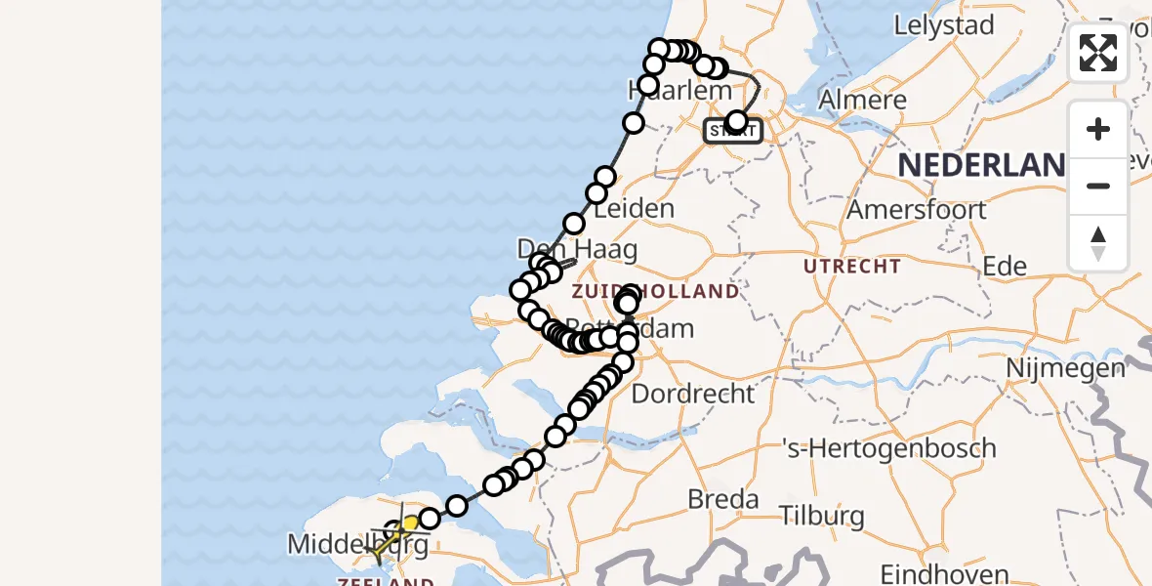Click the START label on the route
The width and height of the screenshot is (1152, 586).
click(x=733, y=131)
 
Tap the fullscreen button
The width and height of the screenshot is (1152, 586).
click(x=1098, y=53)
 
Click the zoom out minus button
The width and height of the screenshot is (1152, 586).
click(x=1098, y=187)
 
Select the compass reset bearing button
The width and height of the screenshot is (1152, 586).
click(x=1098, y=242)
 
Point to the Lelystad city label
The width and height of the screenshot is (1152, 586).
click(x=943, y=26)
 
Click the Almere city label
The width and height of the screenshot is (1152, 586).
click(x=862, y=100)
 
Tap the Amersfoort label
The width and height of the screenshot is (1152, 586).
click(x=917, y=210)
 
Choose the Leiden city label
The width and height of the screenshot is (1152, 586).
click(x=634, y=208)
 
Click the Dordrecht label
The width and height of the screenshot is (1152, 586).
click(x=693, y=394)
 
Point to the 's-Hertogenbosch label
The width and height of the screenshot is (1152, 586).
click(x=889, y=449)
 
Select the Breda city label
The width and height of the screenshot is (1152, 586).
click(x=723, y=500)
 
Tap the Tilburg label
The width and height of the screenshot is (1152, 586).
click(x=822, y=516)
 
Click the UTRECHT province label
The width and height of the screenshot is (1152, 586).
click(x=852, y=266)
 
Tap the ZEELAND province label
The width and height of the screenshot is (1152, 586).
click(x=386, y=581)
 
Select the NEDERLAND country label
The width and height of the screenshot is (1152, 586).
click(x=981, y=165)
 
